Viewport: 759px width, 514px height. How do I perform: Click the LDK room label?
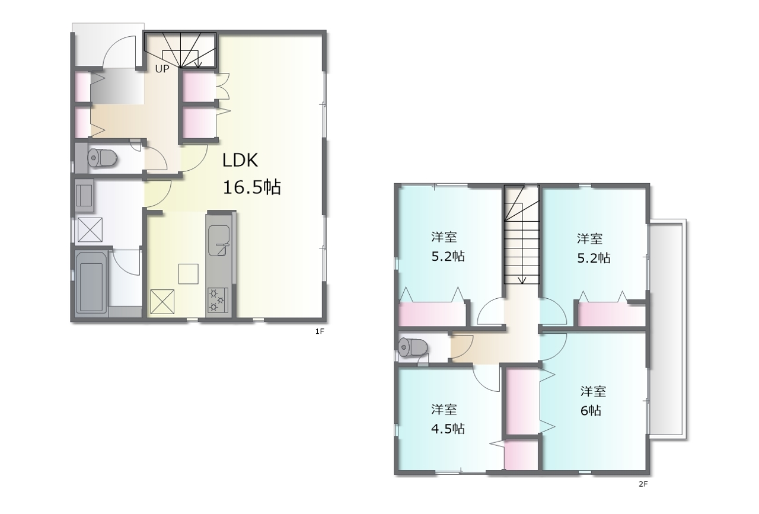coord(240,160)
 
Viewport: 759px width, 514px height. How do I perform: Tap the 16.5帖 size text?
coord(251,187)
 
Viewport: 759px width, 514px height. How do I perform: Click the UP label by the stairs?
coord(162,69)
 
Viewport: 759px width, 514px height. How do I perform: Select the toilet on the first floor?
coord(103,158)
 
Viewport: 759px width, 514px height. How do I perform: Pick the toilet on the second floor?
coord(413,347)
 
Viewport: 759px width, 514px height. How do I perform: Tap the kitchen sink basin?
coord(219,241)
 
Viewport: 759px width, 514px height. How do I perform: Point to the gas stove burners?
coord(218,300)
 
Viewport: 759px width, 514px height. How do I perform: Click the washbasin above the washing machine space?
coord(84,196)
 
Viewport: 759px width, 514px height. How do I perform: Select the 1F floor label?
coord(320,331)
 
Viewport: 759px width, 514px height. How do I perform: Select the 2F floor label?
coord(643,484)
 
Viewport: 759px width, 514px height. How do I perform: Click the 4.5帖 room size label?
coord(448,429)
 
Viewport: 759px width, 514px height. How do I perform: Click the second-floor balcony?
coord(667,330)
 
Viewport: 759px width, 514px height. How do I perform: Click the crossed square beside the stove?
coord(162,302)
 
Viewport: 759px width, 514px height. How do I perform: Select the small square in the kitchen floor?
coord(189,274)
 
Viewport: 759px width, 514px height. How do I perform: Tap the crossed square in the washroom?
coord(90,230)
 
